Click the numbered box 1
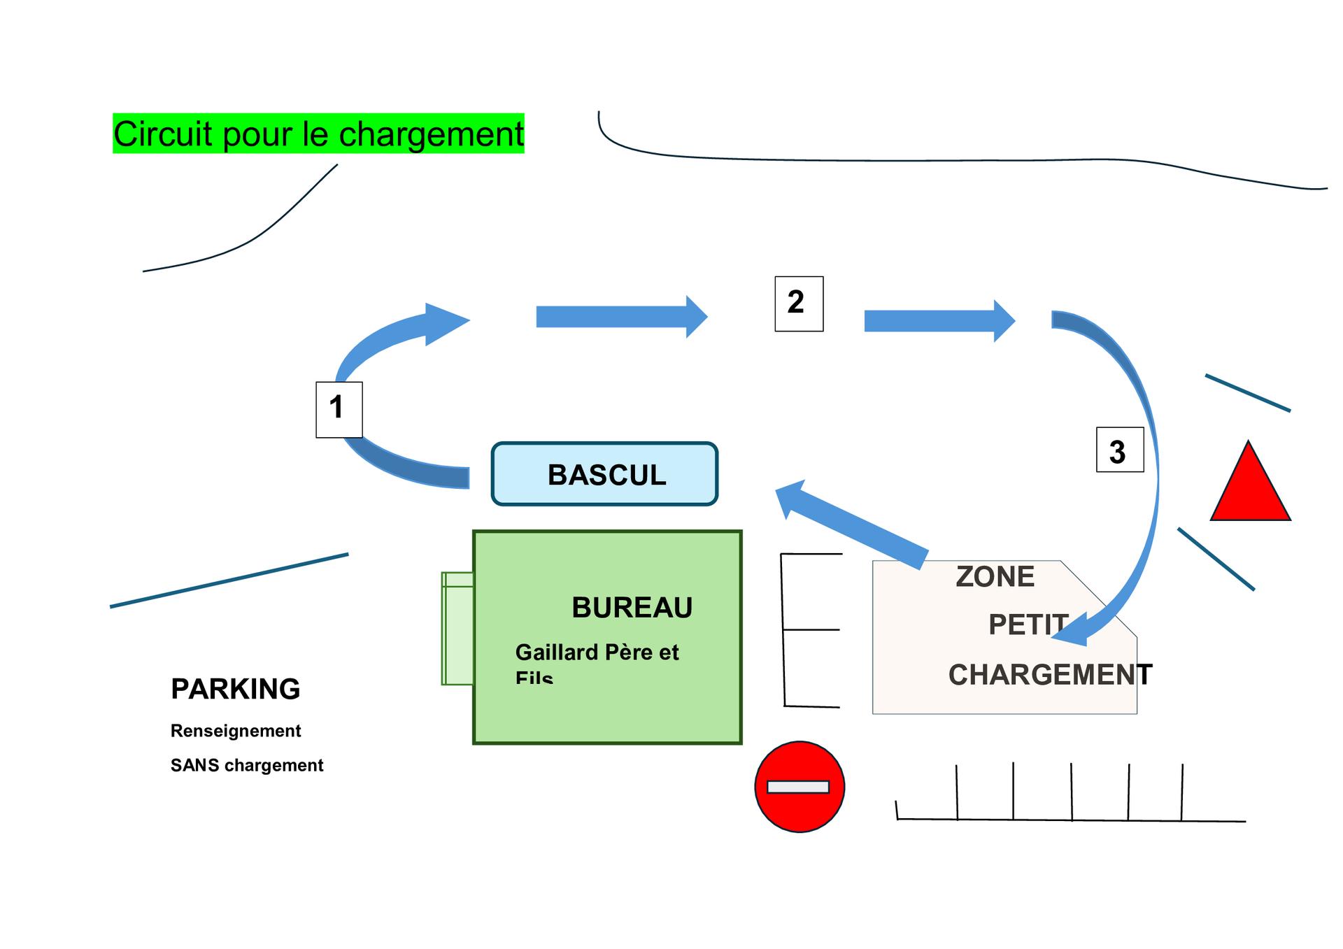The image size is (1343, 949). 339,410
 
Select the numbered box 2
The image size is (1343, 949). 799,304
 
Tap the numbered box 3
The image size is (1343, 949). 1119,450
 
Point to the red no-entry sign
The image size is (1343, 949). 800,787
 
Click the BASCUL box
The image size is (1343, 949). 605,474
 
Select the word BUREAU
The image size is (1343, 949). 632,607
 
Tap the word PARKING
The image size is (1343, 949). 235,689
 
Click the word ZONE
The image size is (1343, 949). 995,577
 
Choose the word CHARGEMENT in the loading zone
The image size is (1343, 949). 1049,675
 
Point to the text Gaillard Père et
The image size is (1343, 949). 597,652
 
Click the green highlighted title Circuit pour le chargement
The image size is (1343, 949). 318,134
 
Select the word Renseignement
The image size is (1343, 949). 236,731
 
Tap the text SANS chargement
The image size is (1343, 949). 247,765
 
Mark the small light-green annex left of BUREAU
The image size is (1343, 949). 457,628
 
